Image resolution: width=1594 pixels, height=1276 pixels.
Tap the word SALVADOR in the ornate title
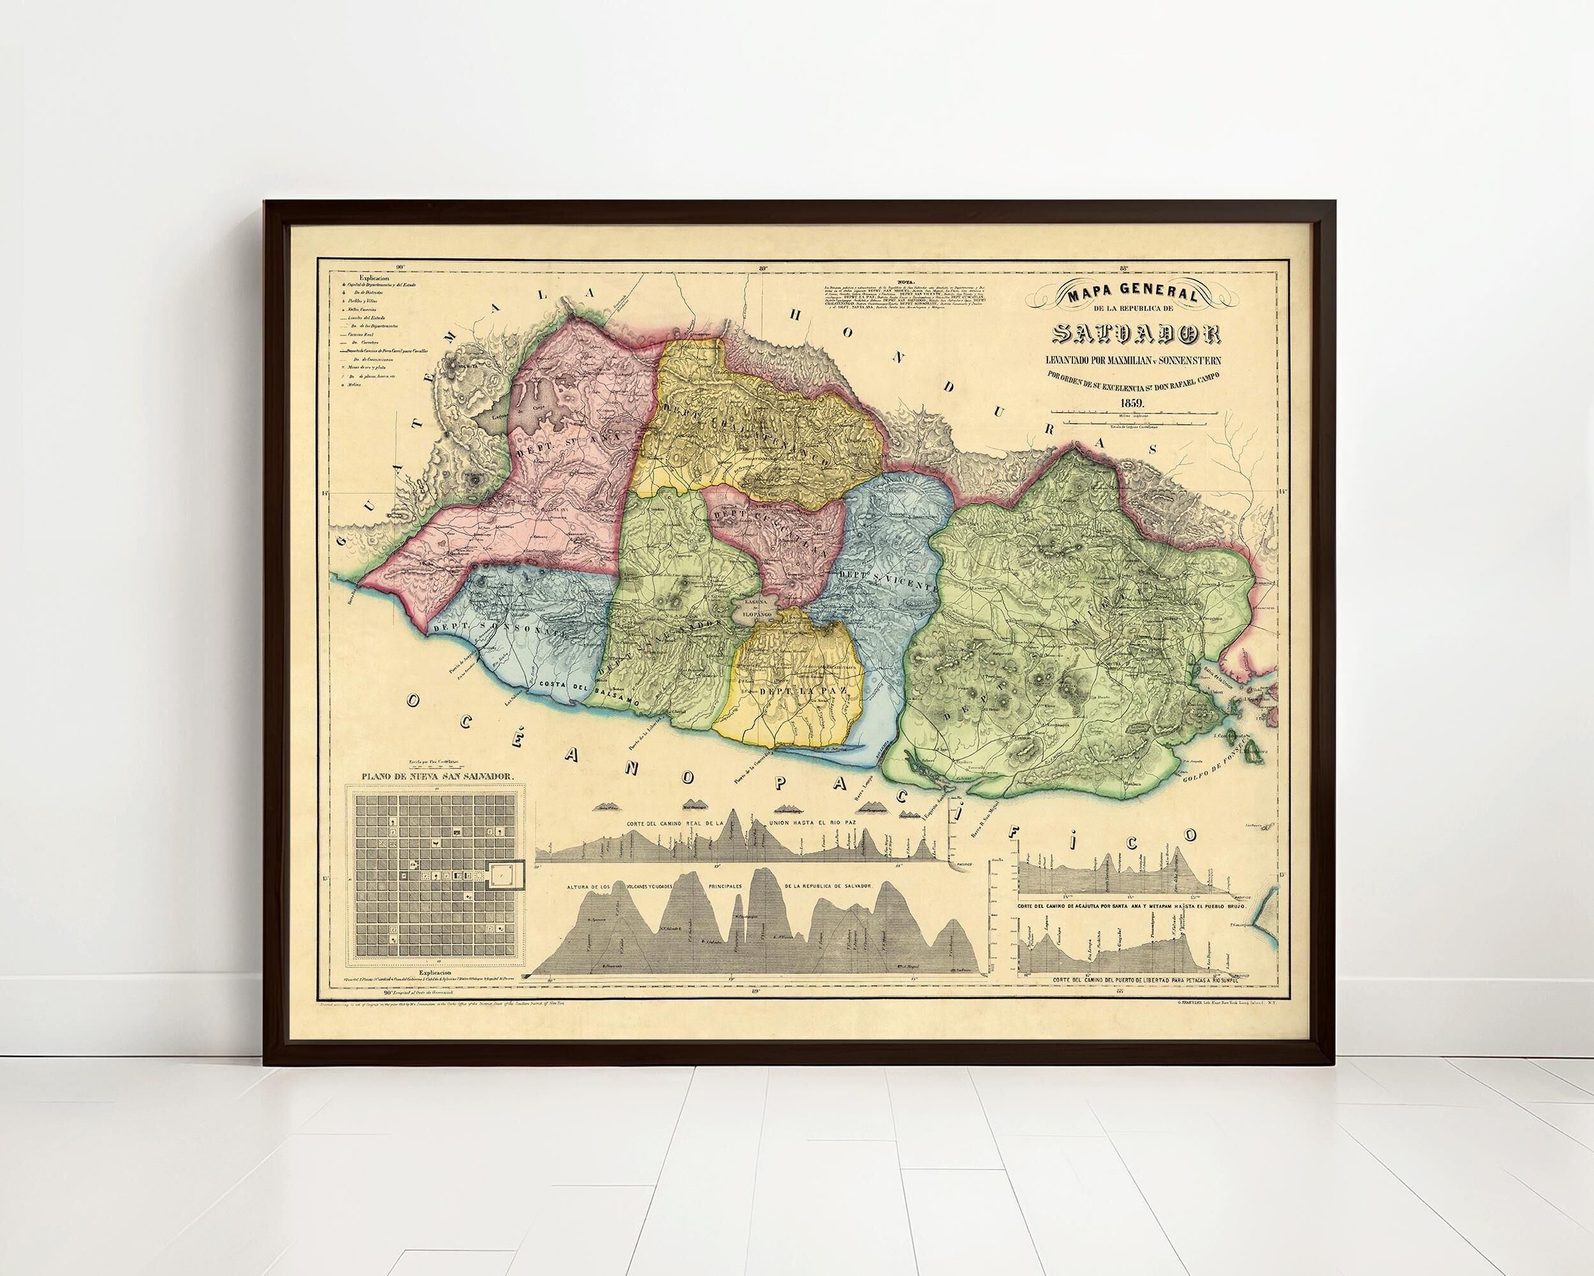click(x=1137, y=334)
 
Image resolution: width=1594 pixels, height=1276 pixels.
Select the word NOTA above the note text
click(x=905, y=282)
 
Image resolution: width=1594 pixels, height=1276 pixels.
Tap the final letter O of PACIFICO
click(x=1190, y=834)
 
